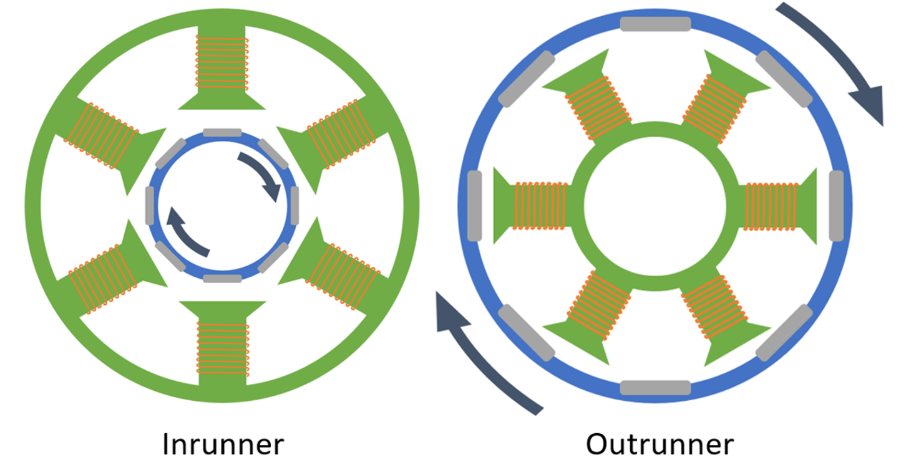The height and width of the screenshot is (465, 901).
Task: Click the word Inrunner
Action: point(223,445)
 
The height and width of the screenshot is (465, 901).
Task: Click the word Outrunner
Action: point(660,445)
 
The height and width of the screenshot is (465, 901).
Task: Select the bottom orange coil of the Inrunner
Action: point(222,347)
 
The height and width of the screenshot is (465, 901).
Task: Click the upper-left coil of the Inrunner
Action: point(103,132)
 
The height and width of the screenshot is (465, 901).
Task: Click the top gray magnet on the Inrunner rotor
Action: point(222,132)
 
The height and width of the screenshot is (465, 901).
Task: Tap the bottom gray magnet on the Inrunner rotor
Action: point(222,279)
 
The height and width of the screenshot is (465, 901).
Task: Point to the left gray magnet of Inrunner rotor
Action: point(150,206)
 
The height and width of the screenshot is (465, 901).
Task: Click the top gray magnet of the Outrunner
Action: point(655,24)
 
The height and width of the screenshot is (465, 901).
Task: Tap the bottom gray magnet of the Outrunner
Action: point(655,387)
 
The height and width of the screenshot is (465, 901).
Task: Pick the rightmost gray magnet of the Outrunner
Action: point(836,206)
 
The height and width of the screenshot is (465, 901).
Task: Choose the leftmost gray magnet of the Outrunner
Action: point(474,206)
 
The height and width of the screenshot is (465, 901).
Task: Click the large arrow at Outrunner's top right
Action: point(836,62)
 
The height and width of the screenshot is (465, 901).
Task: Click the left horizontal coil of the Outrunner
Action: point(540,206)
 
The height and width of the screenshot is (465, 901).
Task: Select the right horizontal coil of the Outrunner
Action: point(772,206)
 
